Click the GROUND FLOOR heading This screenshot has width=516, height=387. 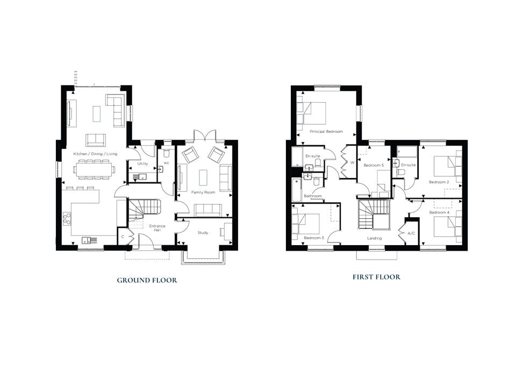click(147, 281)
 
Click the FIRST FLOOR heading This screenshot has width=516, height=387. click(376, 277)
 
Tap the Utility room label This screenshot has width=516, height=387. click(142, 163)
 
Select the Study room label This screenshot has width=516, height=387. click(203, 233)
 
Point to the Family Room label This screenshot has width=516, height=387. click(203, 192)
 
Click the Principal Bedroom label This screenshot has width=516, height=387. click(326, 131)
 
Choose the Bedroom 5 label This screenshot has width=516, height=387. click(374, 165)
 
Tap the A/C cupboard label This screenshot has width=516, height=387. click(411, 233)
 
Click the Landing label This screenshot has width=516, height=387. click(375, 238)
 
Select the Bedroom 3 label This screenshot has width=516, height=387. click(314, 238)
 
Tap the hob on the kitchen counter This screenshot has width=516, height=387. click(67, 219)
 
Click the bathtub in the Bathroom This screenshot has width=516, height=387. click(296, 190)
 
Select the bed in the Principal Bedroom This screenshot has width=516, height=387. click(311, 113)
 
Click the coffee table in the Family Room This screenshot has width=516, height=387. click(203, 178)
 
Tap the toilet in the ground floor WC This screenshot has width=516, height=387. click(166, 153)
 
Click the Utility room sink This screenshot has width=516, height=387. click(140, 177)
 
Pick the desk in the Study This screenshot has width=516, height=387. click(228, 231)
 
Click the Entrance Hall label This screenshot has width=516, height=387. click(157, 228)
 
